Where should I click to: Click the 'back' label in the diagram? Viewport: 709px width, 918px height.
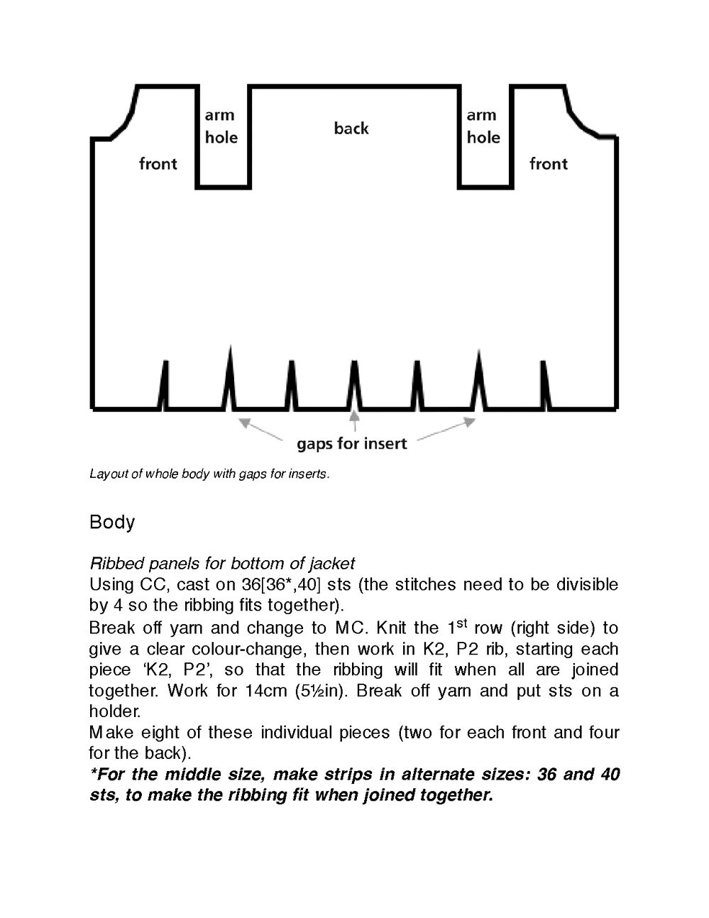(x=351, y=129)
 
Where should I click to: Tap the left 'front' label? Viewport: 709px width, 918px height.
(x=158, y=164)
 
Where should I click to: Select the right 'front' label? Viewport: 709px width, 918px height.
(x=549, y=164)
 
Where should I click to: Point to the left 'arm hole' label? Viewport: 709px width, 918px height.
(x=221, y=126)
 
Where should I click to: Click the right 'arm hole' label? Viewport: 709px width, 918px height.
(x=483, y=126)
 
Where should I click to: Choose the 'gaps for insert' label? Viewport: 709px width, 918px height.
(x=351, y=444)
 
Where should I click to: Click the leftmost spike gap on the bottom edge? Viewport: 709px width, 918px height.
(x=165, y=387)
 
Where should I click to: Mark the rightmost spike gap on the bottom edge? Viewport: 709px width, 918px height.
(x=544, y=387)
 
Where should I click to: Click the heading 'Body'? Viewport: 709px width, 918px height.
(x=112, y=522)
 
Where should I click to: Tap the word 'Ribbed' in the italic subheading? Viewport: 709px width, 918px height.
(x=111, y=564)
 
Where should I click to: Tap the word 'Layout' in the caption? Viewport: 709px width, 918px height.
(x=106, y=474)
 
